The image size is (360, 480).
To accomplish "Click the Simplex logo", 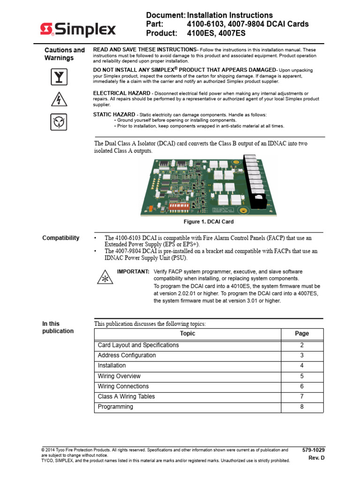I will click(77, 30).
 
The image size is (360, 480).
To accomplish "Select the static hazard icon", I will click(59, 122).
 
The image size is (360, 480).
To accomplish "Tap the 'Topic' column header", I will click(187, 334).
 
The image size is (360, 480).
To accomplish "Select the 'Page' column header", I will click(302, 334).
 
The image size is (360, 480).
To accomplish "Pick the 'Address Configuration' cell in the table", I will click(127, 355).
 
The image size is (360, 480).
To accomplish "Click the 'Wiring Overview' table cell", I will click(119, 376).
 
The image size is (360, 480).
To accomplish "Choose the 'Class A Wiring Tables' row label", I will click(126, 397).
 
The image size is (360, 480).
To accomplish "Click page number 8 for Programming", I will click(302, 407).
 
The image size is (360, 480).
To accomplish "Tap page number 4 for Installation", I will click(302, 366).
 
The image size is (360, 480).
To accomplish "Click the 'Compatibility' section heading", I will click(60, 238).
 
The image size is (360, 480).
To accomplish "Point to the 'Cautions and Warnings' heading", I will click(65, 54).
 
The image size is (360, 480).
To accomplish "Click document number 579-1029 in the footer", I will click(314, 450).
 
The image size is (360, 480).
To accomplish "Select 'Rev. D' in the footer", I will click(316, 458).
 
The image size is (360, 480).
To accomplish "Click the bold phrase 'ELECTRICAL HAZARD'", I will click(122, 93).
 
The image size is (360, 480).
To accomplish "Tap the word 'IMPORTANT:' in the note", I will click(133, 272).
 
